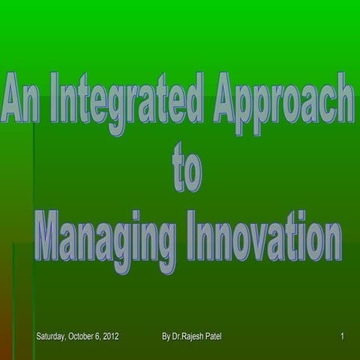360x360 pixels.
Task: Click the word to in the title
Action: click(x=187, y=170)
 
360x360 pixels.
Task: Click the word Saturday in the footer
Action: click(x=52, y=335)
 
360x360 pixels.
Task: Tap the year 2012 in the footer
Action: click(x=111, y=335)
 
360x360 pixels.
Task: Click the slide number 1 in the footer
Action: click(x=342, y=335)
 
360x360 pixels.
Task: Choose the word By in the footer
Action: click(x=166, y=335)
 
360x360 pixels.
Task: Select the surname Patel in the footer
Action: click(x=223, y=335)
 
